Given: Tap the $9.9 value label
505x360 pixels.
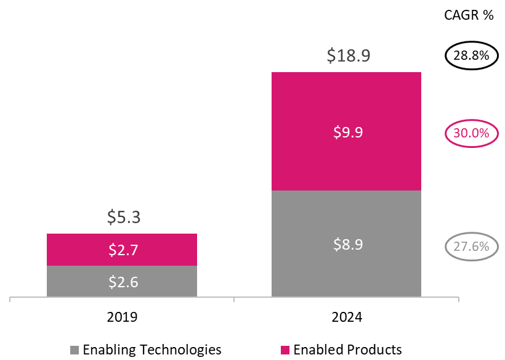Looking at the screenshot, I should [347, 131].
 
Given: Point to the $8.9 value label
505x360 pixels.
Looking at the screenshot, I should [347, 244].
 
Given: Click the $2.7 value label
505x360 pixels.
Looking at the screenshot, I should [122, 250].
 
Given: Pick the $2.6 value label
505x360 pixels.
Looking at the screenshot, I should [122, 282].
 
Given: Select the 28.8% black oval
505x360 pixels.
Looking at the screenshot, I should [471, 56].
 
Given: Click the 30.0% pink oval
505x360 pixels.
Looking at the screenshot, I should [471, 133].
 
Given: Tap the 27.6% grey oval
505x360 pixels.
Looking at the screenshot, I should [471, 247].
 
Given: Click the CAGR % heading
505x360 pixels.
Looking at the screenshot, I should [469, 15].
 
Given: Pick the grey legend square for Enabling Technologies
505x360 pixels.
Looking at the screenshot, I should [75, 350].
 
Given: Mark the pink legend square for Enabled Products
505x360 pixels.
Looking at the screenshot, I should [286, 350].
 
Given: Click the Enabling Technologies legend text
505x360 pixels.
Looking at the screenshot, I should [152, 350].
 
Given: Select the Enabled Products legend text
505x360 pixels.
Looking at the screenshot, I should [347, 350].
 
